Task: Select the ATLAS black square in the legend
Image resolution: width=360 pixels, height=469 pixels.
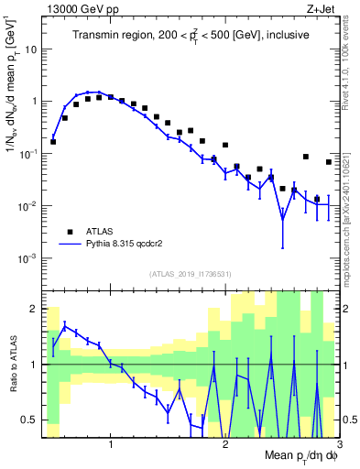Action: coord(70,232)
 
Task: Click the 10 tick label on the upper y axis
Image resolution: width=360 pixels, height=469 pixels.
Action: coord(29,49)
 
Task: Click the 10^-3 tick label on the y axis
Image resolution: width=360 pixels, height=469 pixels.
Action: coord(27,259)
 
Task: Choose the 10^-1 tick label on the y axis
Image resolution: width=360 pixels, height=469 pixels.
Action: coord(27,154)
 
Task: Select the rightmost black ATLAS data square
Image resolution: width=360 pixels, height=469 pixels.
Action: coord(329,162)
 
